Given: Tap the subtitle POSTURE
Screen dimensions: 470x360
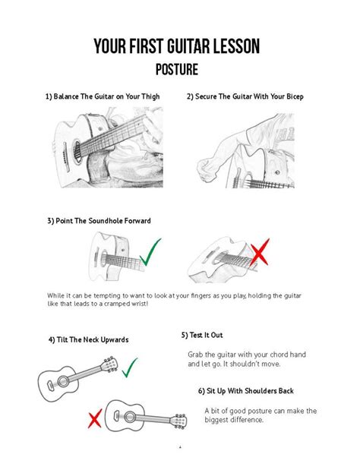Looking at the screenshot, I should point(177,70).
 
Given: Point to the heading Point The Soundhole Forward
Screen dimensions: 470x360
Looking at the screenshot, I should point(99,221).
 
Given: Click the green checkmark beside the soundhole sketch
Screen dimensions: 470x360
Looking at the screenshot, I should point(156,254).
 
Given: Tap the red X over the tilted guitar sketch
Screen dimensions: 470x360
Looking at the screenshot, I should point(257,254).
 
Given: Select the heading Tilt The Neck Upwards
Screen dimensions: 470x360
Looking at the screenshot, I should point(89,339).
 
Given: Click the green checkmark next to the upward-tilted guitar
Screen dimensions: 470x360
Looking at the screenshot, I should point(129,369).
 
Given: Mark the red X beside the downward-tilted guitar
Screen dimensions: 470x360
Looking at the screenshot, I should point(94,418).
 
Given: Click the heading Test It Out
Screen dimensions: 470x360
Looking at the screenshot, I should point(202,334).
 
